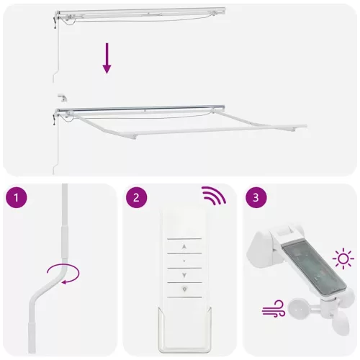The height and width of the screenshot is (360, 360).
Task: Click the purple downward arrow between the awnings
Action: pos(107,58)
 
